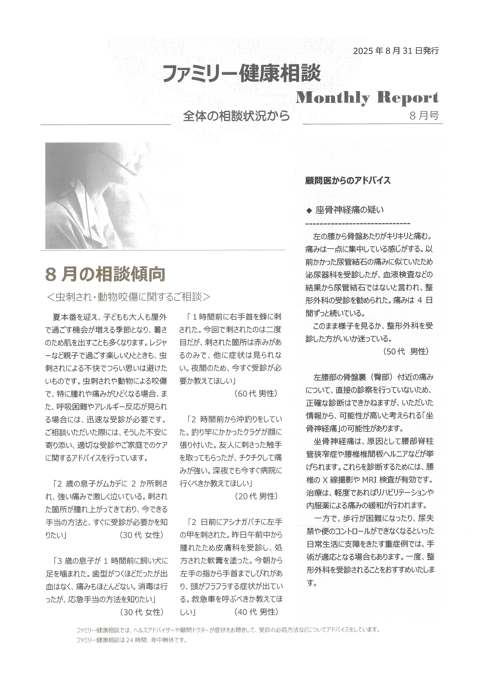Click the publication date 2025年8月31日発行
pos(396,51)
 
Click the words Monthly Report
pos(367,98)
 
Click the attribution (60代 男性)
pos(256,393)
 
